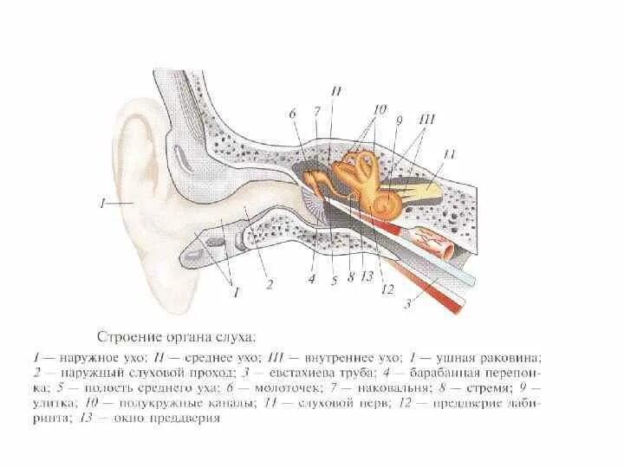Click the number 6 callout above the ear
[293, 114]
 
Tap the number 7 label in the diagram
[317, 112]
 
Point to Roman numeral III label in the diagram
[425, 120]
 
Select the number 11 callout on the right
[449, 154]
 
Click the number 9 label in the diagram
[400, 120]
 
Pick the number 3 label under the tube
[406, 302]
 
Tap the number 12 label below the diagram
[387, 289]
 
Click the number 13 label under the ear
[367, 278]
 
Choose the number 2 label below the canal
[270, 283]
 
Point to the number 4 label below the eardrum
[311, 278]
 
